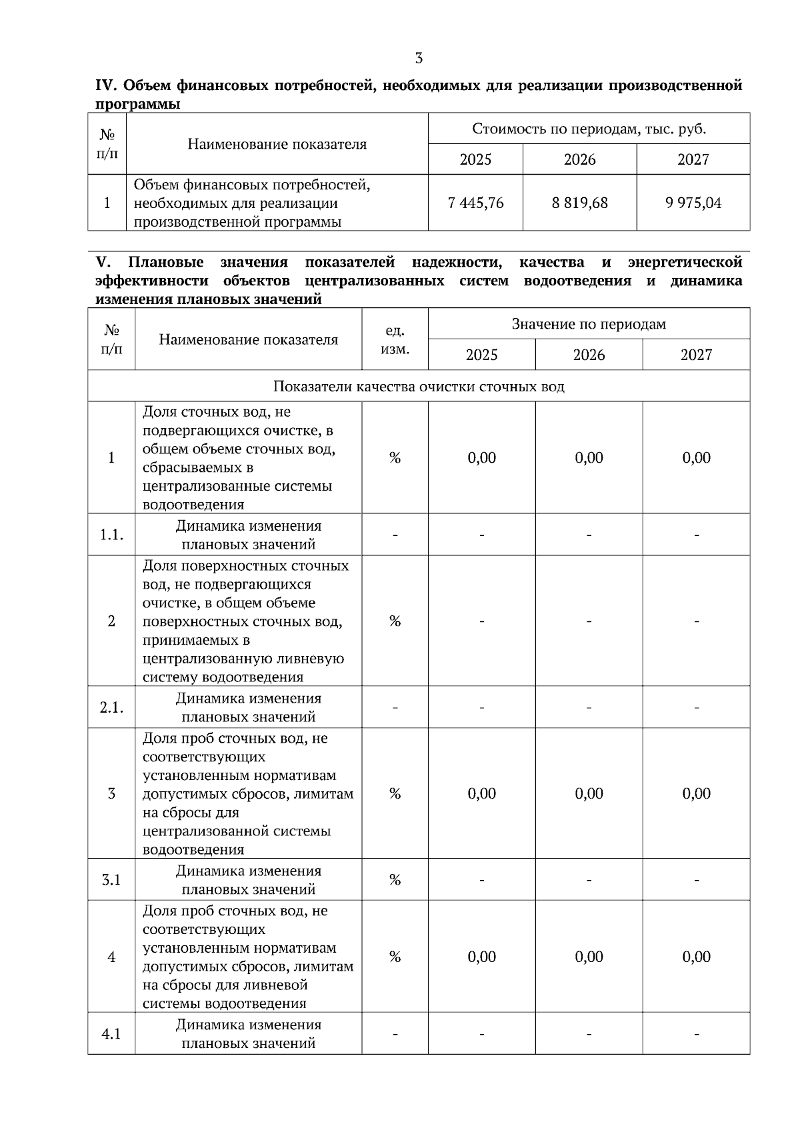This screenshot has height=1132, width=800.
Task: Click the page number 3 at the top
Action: tap(419, 58)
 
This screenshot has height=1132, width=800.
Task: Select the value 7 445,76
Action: tap(476, 203)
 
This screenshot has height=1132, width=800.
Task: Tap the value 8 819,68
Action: tap(579, 203)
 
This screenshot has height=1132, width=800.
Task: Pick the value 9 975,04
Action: tap(693, 203)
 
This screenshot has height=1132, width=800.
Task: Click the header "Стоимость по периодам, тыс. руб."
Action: tap(589, 129)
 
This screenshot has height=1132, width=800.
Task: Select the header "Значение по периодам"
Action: tap(589, 324)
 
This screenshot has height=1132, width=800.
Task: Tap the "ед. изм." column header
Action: tap(395, 339)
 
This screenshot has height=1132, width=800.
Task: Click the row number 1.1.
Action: tap(111, 535)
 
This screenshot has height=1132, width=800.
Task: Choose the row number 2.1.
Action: tap(111, 707)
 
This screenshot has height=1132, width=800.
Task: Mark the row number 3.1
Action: tap(111, 880)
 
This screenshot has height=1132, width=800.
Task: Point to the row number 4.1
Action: tap(111, 1034)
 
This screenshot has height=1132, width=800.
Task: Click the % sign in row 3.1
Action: tap(395, 880)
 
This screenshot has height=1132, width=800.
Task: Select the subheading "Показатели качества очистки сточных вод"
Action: tap(419, 387)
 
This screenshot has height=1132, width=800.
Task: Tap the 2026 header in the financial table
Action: tap(579, 159)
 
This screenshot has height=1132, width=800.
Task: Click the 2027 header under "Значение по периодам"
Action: tap(696, 355)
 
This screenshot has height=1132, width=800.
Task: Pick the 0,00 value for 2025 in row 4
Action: tap(481, 957)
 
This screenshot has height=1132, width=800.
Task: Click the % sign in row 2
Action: tap(395, 621)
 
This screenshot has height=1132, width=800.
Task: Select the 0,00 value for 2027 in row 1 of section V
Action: tap(696, 458)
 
